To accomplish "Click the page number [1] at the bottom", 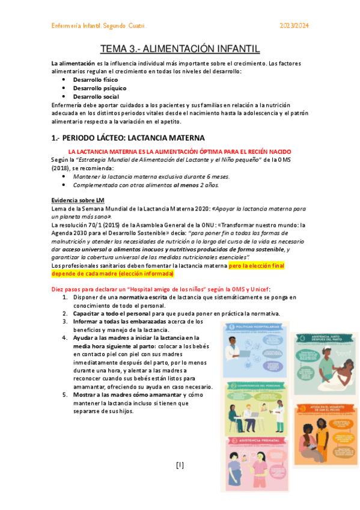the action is (180, 465).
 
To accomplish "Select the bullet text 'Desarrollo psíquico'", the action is (96, 88).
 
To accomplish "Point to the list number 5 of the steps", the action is (64, 395).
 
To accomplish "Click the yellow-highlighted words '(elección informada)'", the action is (147, 274).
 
